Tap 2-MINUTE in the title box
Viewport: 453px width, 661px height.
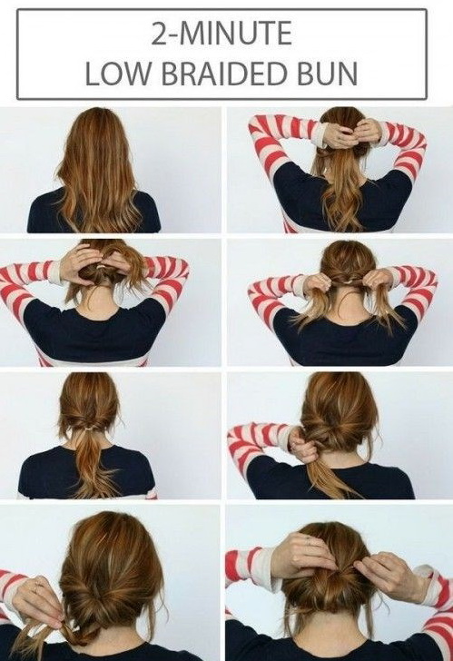(222, 34)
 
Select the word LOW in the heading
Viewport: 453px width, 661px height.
(118, 74)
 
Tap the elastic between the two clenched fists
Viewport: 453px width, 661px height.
(348, 281)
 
